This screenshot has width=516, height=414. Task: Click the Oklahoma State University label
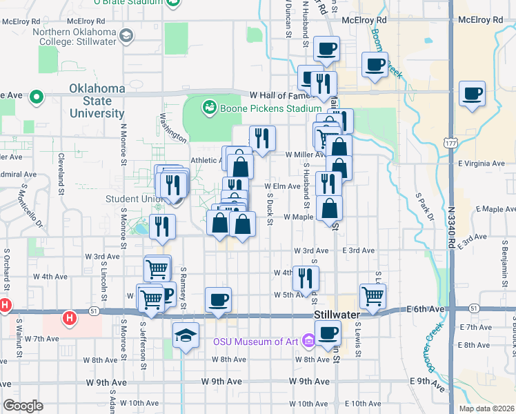[97, 101]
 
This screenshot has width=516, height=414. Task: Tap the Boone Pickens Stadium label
[270, 108]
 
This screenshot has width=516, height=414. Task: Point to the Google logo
[23, 405]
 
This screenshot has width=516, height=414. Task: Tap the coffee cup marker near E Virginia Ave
[472, 93]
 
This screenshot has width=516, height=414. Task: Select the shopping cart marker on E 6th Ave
[373, 295]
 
